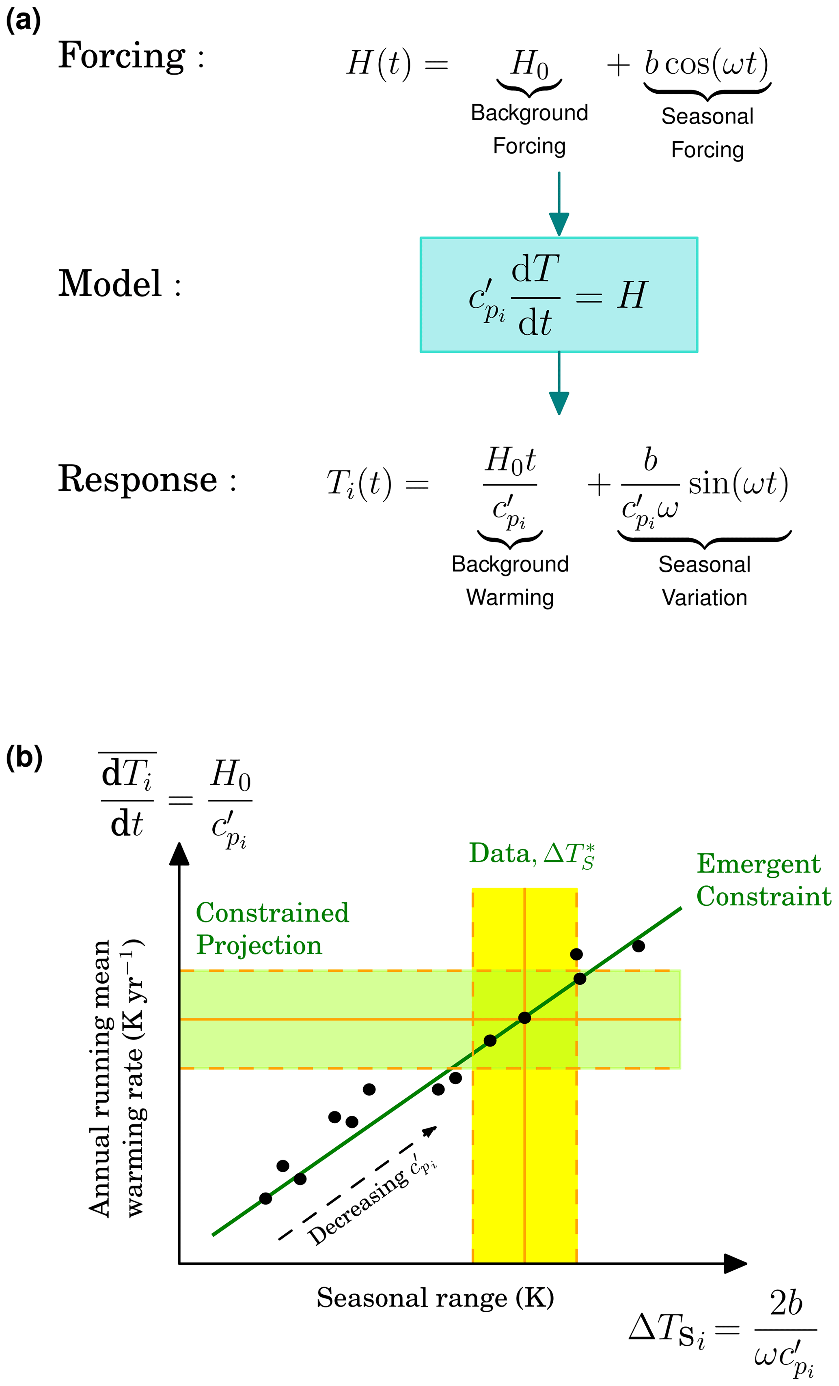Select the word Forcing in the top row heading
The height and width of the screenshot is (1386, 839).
(121, 56)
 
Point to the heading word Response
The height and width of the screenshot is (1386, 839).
(138, 479)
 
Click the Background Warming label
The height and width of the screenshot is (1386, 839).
(510, 580)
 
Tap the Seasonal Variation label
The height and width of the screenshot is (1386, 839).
(705, 580)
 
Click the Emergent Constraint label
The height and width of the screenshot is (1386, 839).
(764, 880)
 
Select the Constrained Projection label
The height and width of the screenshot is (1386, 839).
(272, 929)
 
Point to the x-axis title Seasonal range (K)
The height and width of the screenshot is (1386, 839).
(435, 1298)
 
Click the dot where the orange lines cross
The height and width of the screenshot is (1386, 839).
(524, 1018)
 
